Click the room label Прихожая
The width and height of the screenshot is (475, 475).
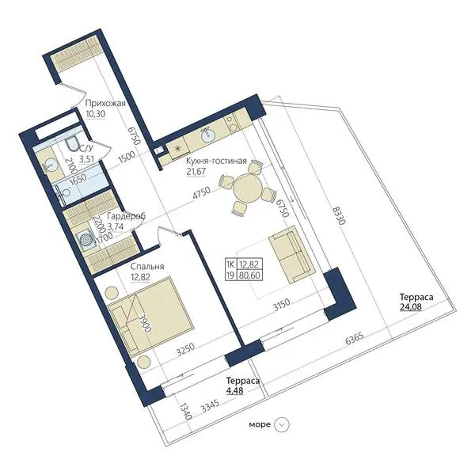[x=105, y=103]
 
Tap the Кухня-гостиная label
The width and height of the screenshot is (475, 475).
[x=216, y=161]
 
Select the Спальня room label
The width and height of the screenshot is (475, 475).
[x=147, y=266]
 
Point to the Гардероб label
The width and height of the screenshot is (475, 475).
[x=127, y=216]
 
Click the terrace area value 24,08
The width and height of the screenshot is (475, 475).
[x=411, y=307]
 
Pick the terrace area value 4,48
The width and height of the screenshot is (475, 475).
[x=235, y=390]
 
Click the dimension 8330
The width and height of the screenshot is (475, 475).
[x=339, y=215]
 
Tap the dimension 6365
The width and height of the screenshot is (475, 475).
[x=355, y=340]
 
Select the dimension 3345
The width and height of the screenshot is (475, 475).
[x=211, y=406]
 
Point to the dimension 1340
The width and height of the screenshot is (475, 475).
[x=186, y=411]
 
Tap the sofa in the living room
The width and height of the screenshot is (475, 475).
[x=292, y=255]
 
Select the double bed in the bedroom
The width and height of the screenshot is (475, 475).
[x=150, y=316]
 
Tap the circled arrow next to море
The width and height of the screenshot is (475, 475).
[x=281, y=424]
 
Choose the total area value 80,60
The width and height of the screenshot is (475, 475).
[x=249, y=275]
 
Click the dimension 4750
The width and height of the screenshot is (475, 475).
[x=201, y=194]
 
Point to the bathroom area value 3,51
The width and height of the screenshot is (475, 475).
[x=86, y=159]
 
